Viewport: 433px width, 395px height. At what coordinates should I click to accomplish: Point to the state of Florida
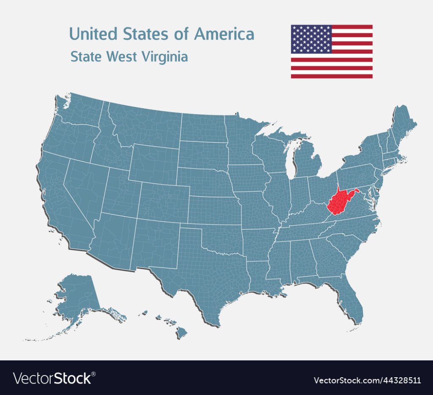point(353,304)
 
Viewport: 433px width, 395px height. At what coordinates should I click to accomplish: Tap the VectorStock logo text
point(52,378)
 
